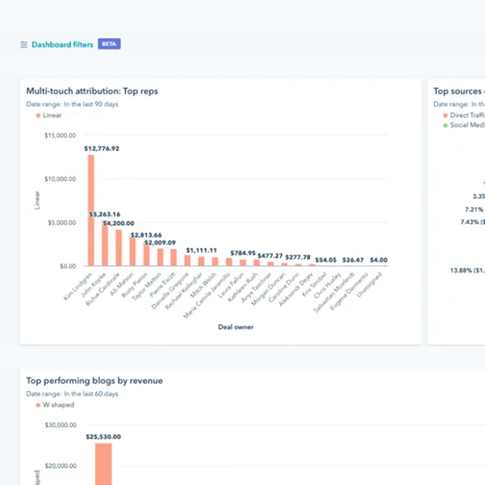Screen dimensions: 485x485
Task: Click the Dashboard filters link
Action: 61,44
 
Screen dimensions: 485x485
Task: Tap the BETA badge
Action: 109,44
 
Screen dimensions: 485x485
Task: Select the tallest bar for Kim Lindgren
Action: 91,210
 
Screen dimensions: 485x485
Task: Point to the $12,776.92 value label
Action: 101,149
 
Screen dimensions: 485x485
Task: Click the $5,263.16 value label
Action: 105,214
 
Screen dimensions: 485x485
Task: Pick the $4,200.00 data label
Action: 119,223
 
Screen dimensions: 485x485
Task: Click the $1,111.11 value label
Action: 202,251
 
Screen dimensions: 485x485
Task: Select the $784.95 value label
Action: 242,253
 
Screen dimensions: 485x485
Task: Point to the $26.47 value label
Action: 352,260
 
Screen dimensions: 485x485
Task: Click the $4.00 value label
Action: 379,260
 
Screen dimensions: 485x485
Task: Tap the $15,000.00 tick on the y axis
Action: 60,136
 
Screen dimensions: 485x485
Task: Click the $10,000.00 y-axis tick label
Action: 60,179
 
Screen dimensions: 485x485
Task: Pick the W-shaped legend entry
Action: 58,405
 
